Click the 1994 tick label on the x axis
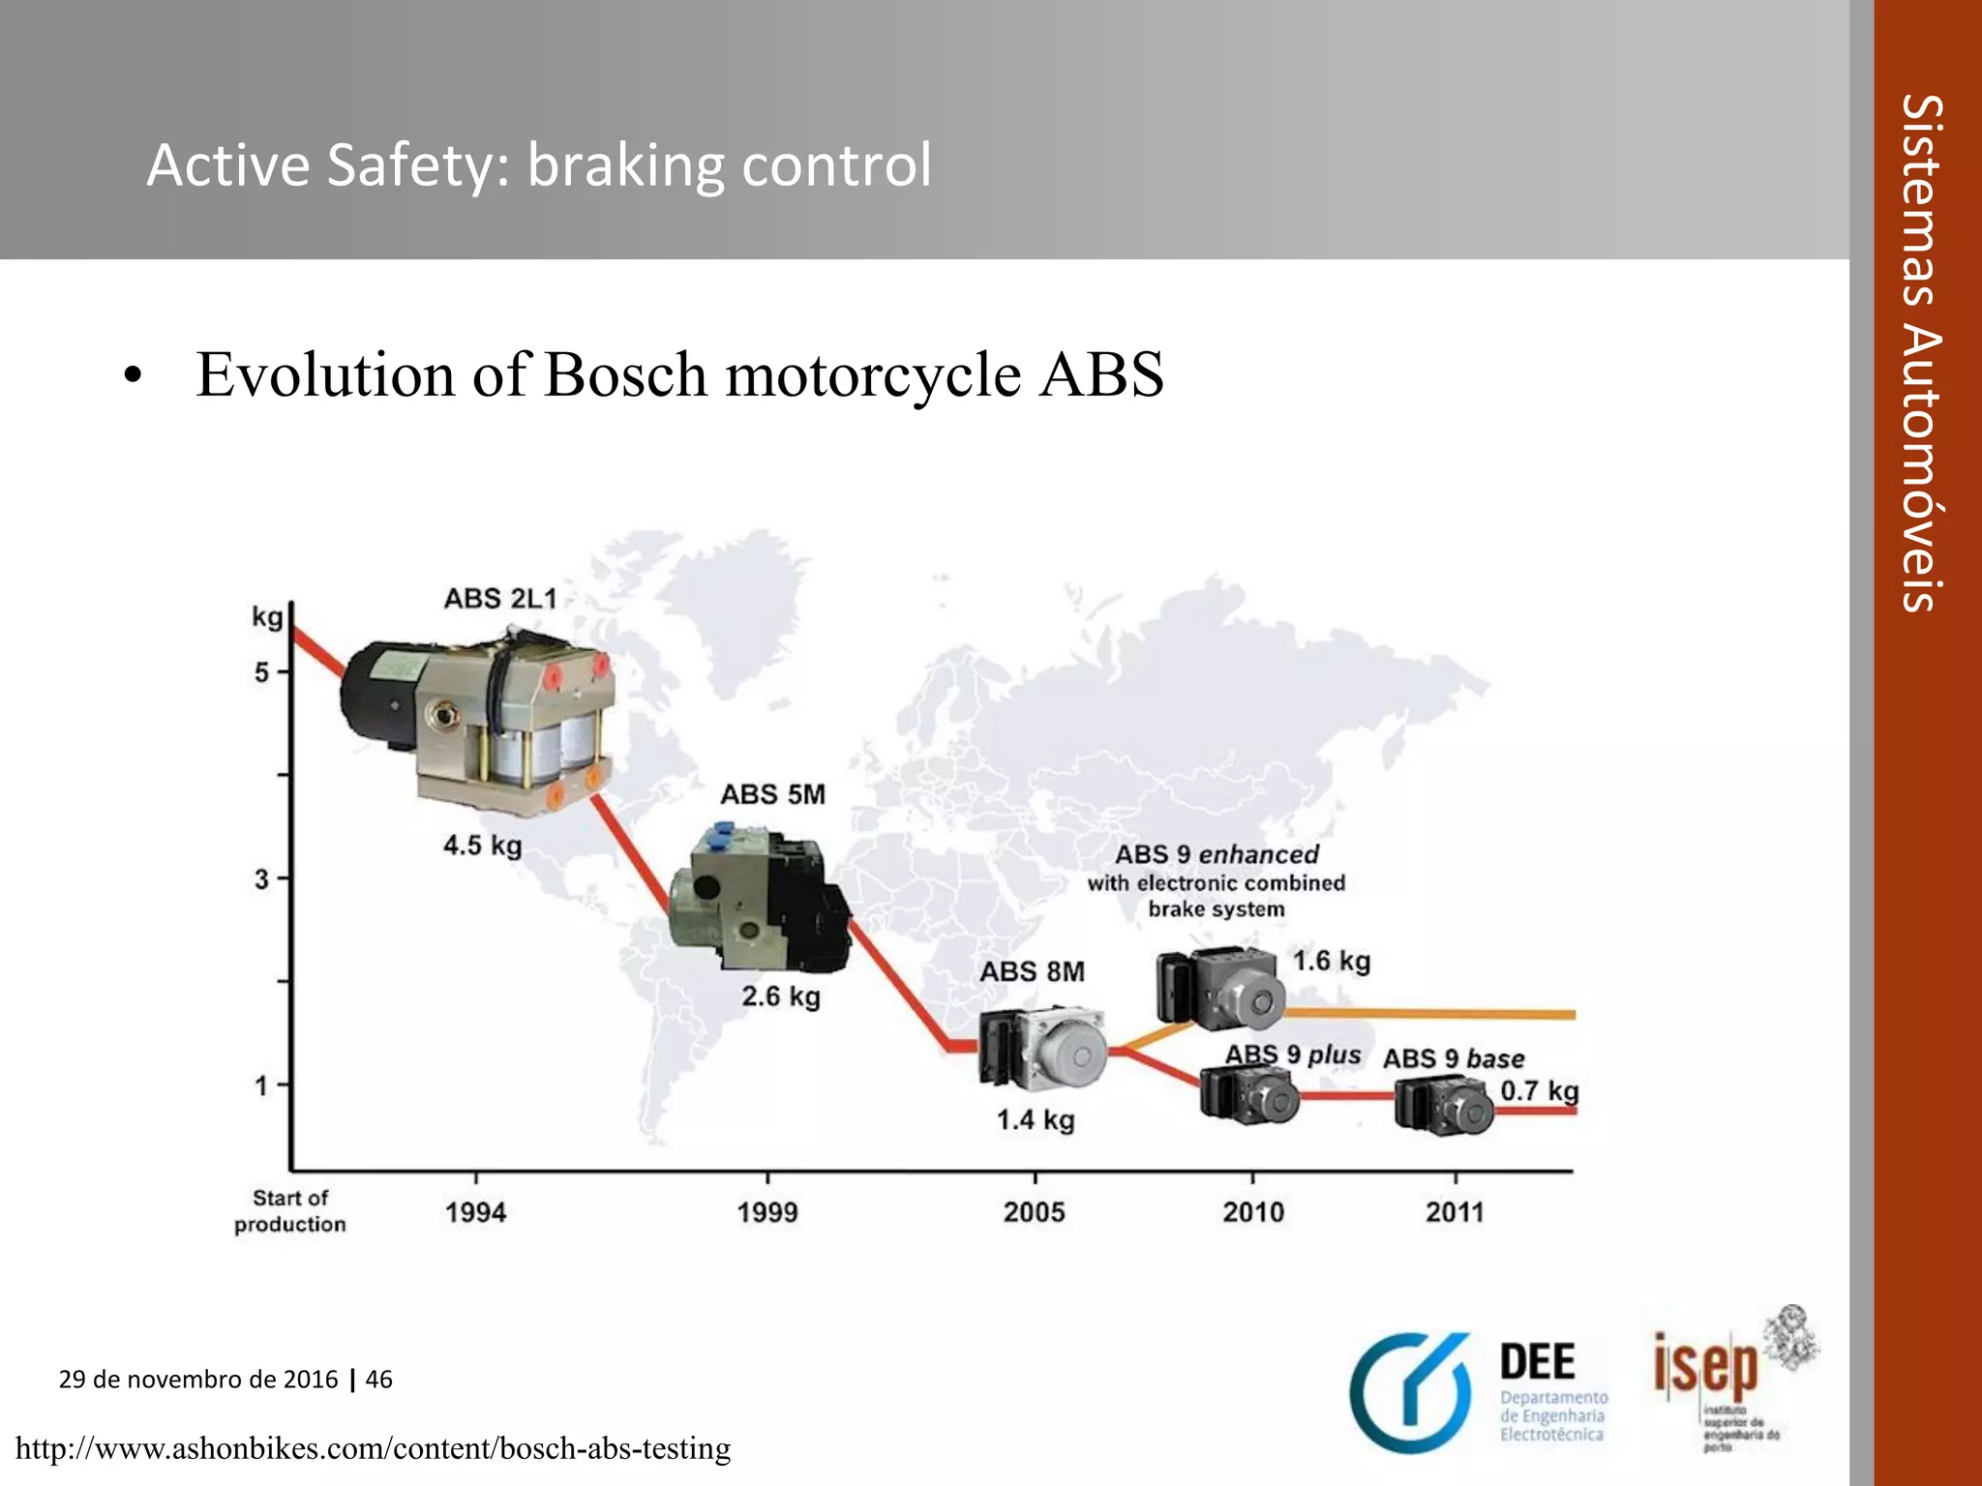(475, 1212)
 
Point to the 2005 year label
(1034, 1212)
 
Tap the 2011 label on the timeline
(1455, 1212)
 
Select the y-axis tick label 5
(262, 671)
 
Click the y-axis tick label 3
(262, 879)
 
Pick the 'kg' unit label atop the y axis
(267, 617)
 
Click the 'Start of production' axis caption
(289, 1211)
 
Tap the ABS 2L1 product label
(500, 599)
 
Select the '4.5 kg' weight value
(482, 846)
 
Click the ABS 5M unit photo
(761, 900)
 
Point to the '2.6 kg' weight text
(781, 996)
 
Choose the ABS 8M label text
(1032, 971)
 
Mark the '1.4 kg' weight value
(1036, 1120)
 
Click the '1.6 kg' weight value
(1332, 961)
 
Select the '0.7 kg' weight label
(1539, 1091)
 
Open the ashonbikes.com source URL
(374, 1449)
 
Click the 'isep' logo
(1705, 1367)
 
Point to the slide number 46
(379, 1380)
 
